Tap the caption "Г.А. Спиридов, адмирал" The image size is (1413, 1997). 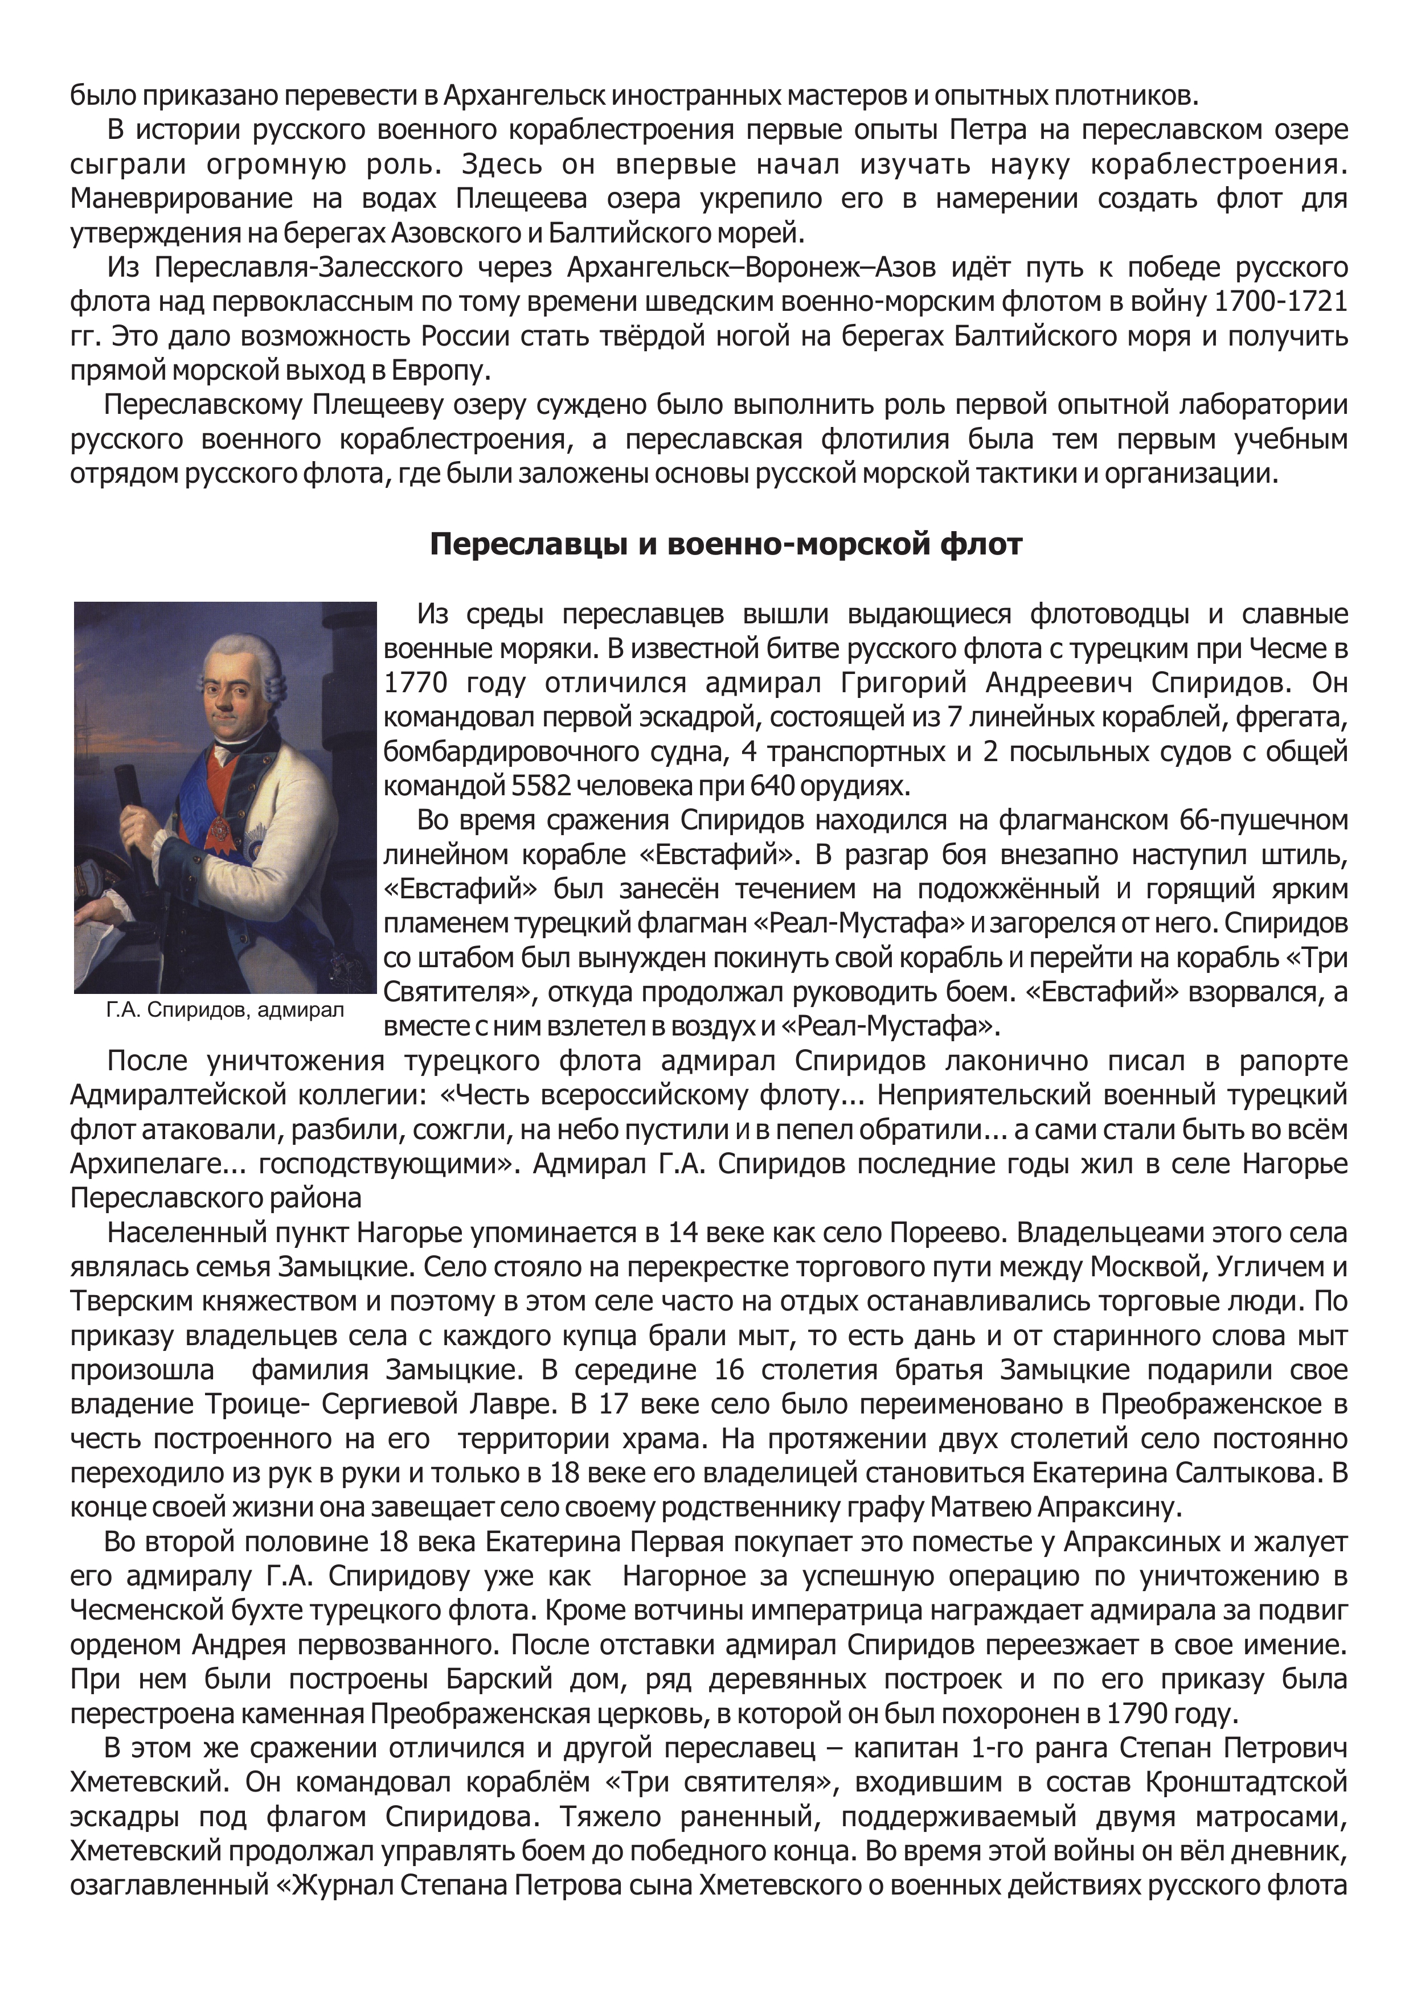224,1010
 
